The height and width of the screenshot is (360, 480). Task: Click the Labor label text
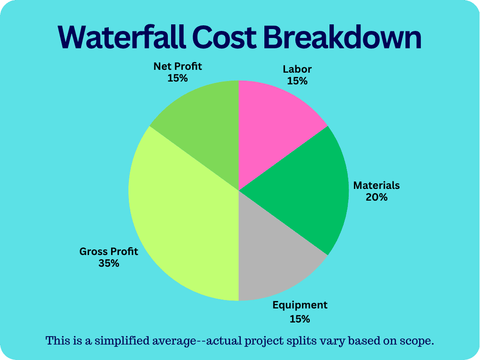(x=297, y=69)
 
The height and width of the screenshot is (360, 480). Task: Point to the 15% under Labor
(x=297, y=81)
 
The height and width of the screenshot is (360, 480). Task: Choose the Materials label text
(x=376, y=185)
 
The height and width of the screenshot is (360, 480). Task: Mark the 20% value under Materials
(x=376, y=197)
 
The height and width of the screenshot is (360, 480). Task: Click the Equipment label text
(x=300, y=306)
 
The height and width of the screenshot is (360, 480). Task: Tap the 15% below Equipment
(x=300, y=320)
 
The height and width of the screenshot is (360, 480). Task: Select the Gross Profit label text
(x=109, y=252)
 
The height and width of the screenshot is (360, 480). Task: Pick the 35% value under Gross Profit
(x=109, y=263)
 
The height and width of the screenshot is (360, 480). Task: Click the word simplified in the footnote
(x=120, y=341)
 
